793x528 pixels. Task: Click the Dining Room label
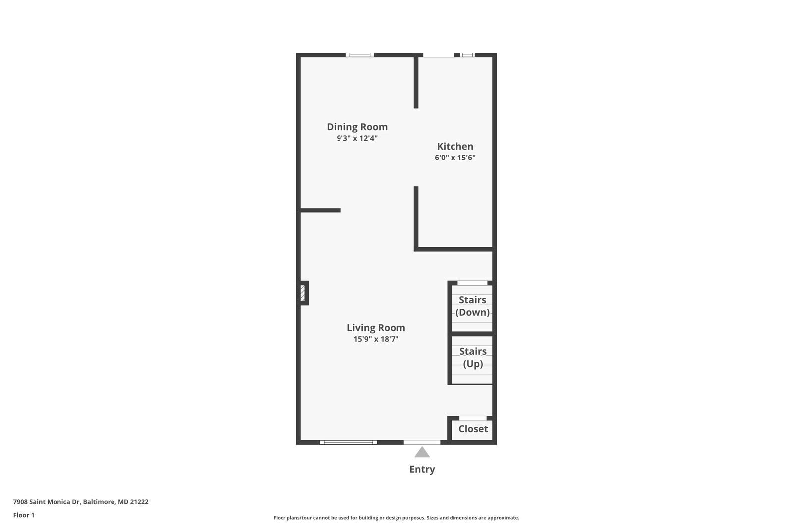357,127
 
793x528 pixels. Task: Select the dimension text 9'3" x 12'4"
357,138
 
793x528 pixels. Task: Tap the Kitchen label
455,146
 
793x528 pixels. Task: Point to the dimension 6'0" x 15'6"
455,158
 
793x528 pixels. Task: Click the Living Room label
376,327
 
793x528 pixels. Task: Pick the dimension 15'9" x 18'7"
376,339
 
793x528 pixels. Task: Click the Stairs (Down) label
472,306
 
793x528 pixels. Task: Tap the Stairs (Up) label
472,357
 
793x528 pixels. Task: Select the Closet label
473,429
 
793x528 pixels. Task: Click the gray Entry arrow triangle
422,452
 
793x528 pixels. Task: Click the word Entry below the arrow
422,469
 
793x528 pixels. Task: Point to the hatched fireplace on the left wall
302,293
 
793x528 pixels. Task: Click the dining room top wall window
360,55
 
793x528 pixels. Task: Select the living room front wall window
348,442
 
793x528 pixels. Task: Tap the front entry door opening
422,442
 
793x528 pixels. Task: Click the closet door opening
473,418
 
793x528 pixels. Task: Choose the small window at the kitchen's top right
467,55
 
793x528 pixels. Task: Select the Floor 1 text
24,515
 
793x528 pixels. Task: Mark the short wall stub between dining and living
320,211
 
